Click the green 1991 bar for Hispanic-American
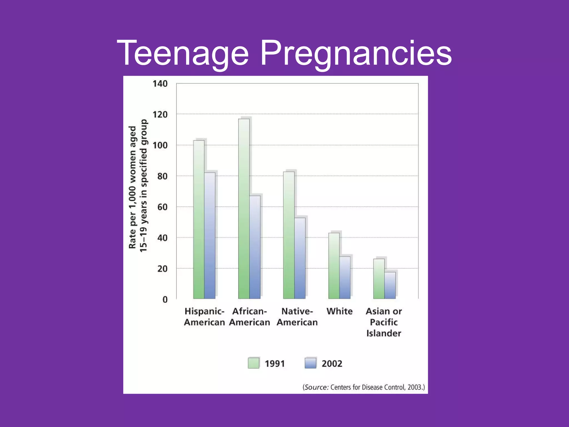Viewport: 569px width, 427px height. point(199,220)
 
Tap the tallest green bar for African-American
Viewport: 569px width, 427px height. point(244,208)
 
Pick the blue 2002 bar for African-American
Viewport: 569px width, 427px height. point(255,247)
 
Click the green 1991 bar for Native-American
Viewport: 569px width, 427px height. point(289,235)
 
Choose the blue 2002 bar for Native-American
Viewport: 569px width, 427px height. point(300,258)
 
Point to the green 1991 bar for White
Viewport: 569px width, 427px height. point(334,266)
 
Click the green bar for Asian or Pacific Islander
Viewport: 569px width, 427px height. point(379,279)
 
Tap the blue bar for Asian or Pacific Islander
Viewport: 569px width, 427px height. point(390,286)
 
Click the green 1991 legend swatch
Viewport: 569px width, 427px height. point(253,363)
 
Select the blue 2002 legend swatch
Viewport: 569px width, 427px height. point(310,363)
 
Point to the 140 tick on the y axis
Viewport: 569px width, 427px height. point(160,84)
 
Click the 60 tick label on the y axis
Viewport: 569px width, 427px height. point(162,207)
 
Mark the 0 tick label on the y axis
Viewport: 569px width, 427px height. point(165,300)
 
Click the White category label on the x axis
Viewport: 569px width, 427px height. point(339,311)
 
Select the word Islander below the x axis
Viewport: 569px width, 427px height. point(384,333)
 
